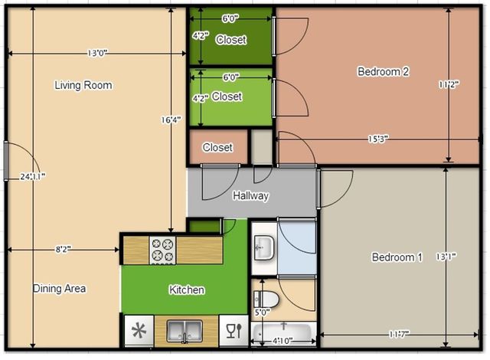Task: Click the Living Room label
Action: pos(83,85)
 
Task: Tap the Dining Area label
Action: pos(59,289)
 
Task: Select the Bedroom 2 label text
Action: pos(384,72)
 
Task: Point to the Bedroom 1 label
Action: pos(397,257)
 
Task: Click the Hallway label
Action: pos(251,196)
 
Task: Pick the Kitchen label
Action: pos(187,290)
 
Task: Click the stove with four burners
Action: pos(163,250)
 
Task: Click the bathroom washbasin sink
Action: pos(263,247)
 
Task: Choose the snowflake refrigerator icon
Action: pos(139,332)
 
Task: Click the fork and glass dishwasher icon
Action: pos(234,331)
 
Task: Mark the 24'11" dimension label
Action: pos(33,176)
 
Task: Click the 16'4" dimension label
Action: pos(171,119)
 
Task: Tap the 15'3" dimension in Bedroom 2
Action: pos(377,139)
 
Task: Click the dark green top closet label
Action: pos(231,40)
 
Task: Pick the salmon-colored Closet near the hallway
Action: pos(217,148)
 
